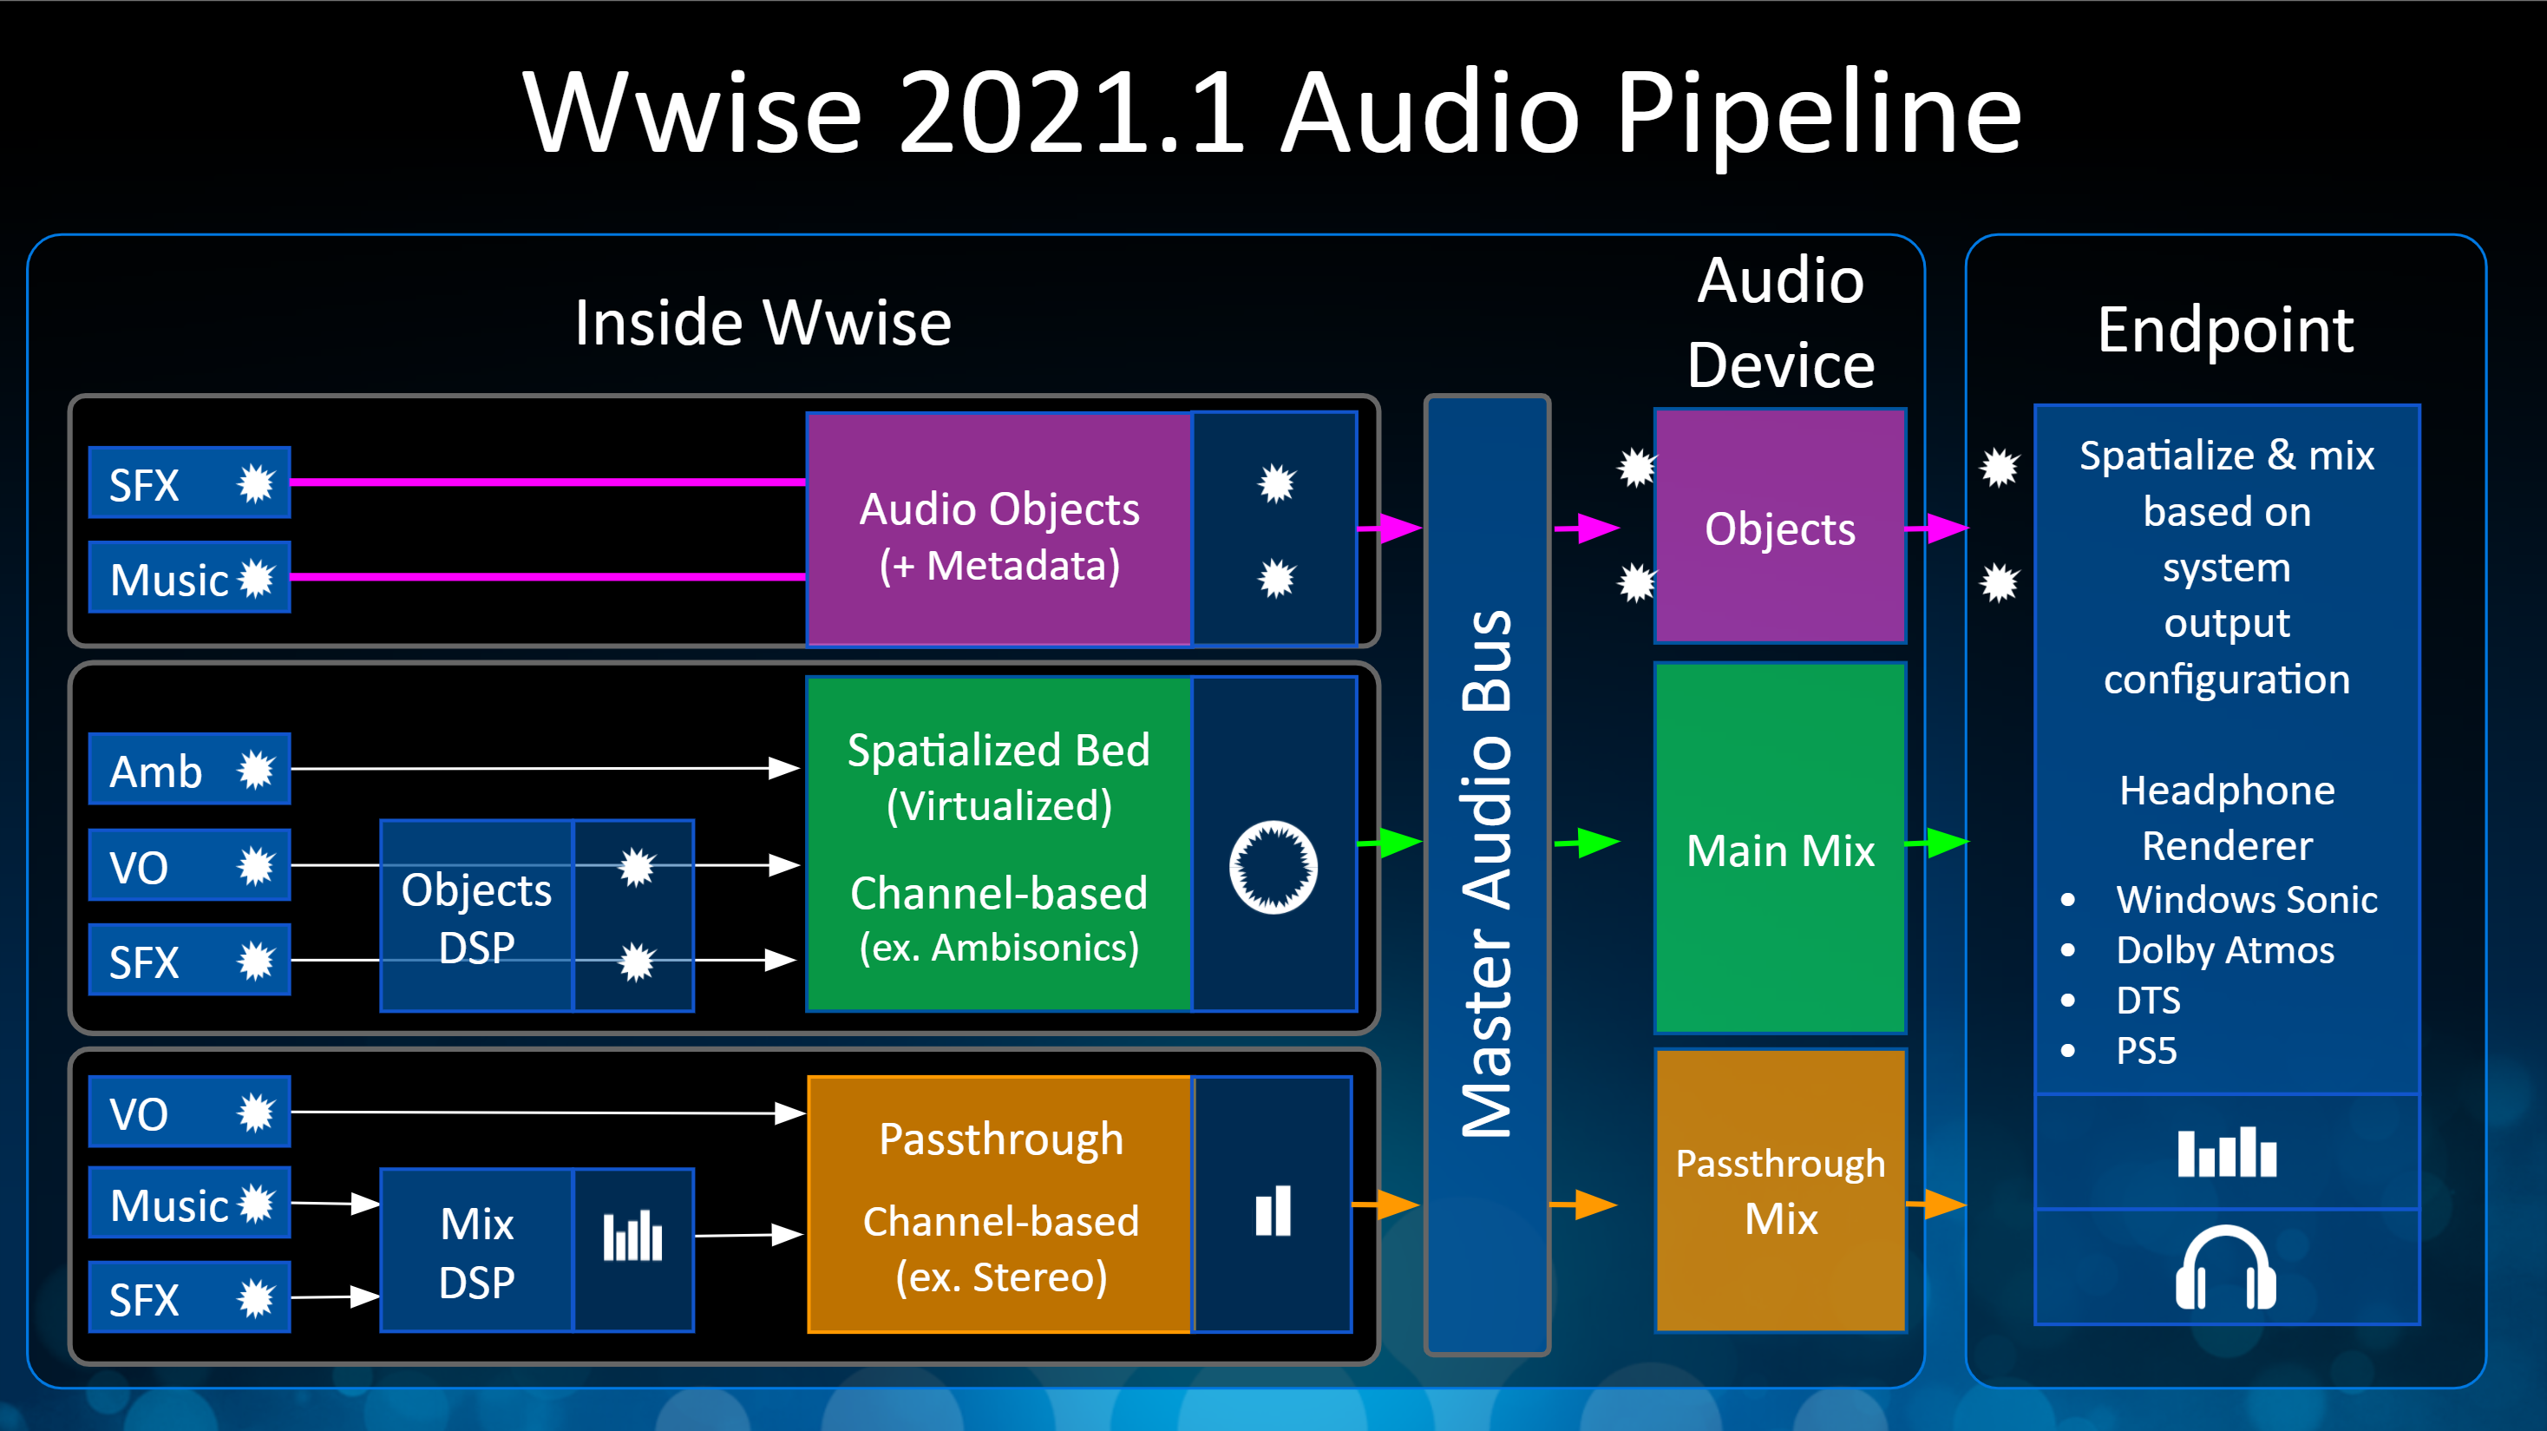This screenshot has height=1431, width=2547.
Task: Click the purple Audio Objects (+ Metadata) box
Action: (999, 530)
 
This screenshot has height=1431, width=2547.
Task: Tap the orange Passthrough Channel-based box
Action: (999, 1205)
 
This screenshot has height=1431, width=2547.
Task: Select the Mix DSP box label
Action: (476, 1252)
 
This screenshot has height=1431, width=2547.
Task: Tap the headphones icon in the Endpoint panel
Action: (2226, 1268)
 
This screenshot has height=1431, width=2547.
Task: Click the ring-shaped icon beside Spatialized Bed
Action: (1273, 867)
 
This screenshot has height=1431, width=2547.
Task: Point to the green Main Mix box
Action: (1780, 850)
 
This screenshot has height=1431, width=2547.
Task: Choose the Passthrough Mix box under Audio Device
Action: (1780, 1191)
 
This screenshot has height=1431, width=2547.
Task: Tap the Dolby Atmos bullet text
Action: (2224, 950)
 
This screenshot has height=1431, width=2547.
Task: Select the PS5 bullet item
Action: (2145, 1050)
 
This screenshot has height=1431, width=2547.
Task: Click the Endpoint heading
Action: (2224, 331)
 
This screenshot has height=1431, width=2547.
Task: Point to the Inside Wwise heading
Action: (763, 324)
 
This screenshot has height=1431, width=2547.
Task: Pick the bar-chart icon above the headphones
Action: (2226, 1152)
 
